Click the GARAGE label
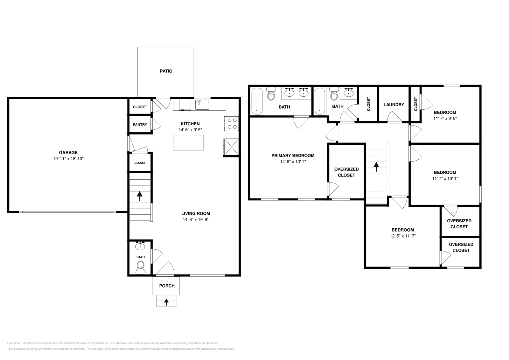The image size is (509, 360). (68, 153)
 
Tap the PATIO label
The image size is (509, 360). (166, 71)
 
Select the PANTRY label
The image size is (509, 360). (140, 124)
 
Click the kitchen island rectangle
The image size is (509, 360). (188, 143)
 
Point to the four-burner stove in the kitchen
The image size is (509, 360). (232, 124)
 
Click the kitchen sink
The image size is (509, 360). (202, 105)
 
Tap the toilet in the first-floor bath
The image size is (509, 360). (141, 267)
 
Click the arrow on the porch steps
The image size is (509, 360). (166, 302)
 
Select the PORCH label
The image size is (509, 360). (167, 286)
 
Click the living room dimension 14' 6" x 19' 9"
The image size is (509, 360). (196, 219)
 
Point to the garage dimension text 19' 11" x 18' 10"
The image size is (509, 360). (68, 159)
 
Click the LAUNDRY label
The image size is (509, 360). (394, 105)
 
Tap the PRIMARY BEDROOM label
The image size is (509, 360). (293, 156)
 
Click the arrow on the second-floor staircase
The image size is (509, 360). (376, 167)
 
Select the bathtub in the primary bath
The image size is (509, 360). (257, 101)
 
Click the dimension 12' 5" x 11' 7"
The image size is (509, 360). (403, 236)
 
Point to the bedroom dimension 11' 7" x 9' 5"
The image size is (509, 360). (445, 118)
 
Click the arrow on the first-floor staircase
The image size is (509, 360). (140, 196)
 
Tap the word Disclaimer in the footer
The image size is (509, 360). (14, 343)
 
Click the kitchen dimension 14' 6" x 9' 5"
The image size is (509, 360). (190, 130)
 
